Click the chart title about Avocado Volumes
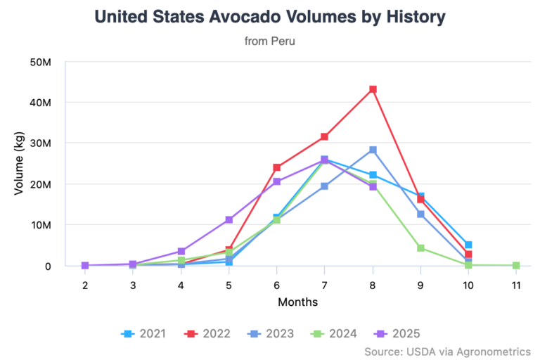[x=269, y=16]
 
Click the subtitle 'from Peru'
[x=269, y=41]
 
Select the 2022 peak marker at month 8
[x=373, y=89]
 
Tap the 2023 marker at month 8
[x=373, y=150]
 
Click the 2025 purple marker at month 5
[x=229, y=220]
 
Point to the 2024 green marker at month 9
[x=420, y=248]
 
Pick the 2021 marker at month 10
[x=468, y=245]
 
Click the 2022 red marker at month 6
[x=276, y=167]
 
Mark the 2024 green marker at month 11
[x=516, y=265]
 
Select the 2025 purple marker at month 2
[x=85, y=265]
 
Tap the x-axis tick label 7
[x=324, y=285]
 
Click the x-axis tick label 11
[x=516, y=285]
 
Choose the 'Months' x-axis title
[x=297, y=302]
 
